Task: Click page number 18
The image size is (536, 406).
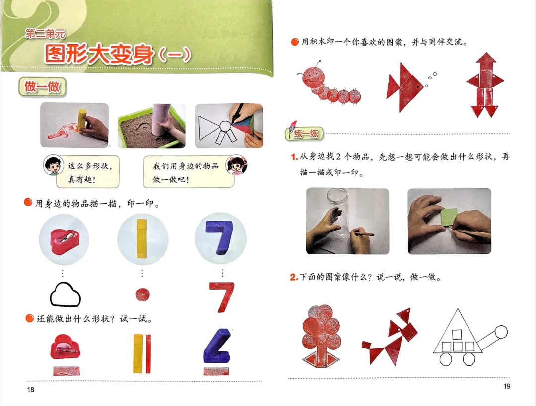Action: (30, 389)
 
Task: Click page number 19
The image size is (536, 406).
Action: (507, 386)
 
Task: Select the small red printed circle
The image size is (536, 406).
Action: (142, 294)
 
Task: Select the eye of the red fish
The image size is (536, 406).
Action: (418, 87)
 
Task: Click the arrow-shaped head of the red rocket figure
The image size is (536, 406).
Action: (486, 60)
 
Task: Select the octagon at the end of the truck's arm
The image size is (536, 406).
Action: (501, 332)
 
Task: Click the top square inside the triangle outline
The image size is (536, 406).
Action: (457, 334)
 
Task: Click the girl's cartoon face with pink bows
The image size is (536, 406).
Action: (237, 164)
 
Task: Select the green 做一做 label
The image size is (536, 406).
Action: (42, 87)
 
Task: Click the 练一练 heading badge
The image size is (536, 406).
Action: (305, 133)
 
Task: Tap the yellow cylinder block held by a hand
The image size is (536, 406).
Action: (83, 120)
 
